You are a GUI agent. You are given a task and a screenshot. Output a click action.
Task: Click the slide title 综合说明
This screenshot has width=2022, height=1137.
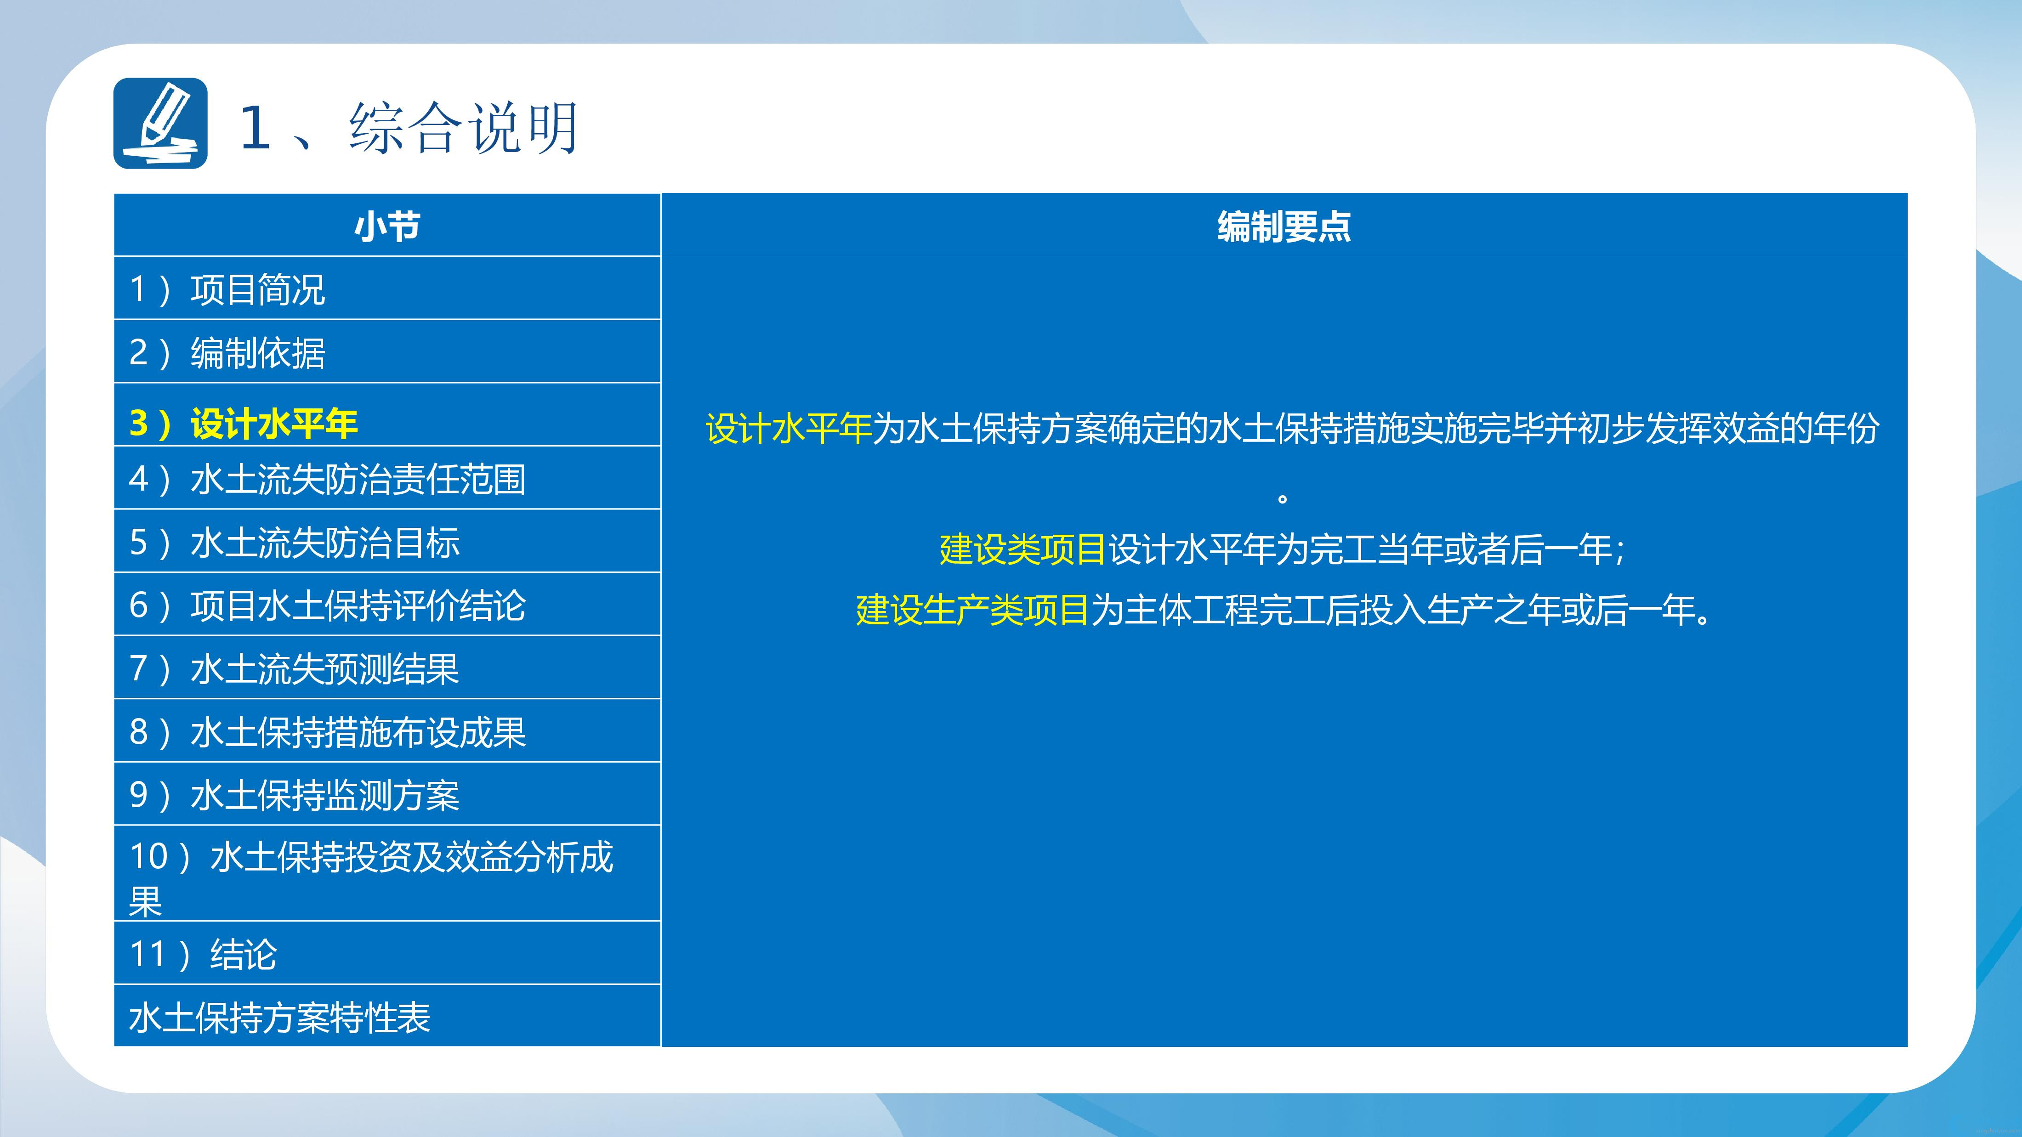(x=464, y=127)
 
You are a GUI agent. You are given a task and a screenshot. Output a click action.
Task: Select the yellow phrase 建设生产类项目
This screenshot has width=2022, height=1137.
(x=972, y=610)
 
